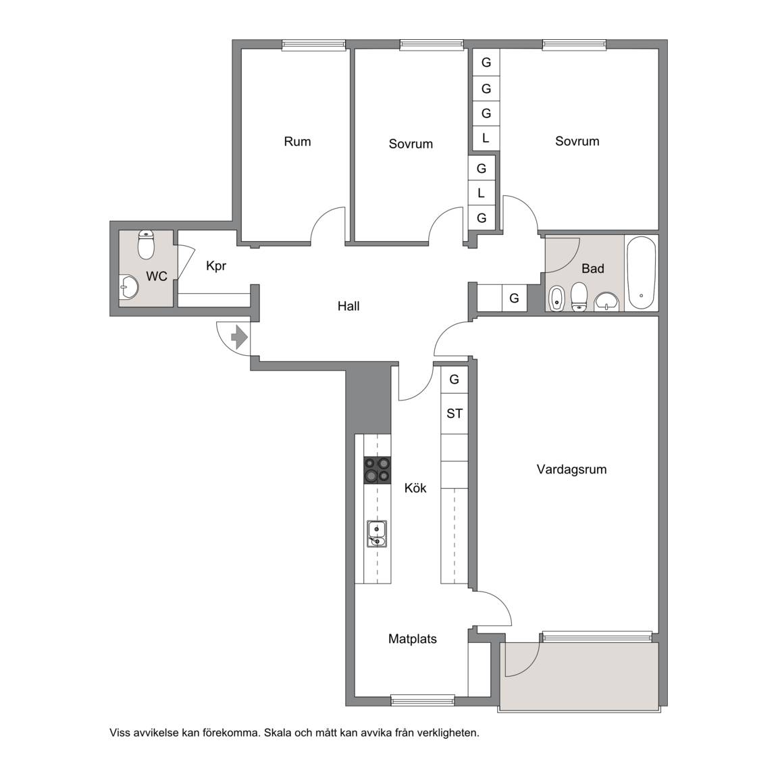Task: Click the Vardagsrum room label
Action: (x=571, y=469)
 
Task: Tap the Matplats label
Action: (x=413, y=639)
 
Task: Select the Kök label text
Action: (x=415, y=488)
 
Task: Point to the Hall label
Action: (x=348, y=306)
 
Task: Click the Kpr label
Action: (x=216, y=266)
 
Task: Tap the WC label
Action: (x=156, y=276)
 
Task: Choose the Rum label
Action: (x=297, y=141)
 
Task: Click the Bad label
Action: (x=592, y=268)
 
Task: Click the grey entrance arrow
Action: (x=240, y=338)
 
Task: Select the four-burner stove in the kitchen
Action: (x=377, y=470)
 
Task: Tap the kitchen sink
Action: (x=377, y=534)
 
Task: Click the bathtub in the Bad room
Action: (x=641, y=273)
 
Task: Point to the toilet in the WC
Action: (x=146, y=244)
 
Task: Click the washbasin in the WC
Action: (x=129, y=287)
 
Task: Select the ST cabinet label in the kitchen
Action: (x=455, y=413)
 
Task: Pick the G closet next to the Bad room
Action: (x=514, y=299)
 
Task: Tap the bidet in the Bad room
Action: (x=556, y=299)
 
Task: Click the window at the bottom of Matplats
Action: (x=423, y=700)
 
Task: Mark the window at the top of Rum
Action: (x=314, y=45)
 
